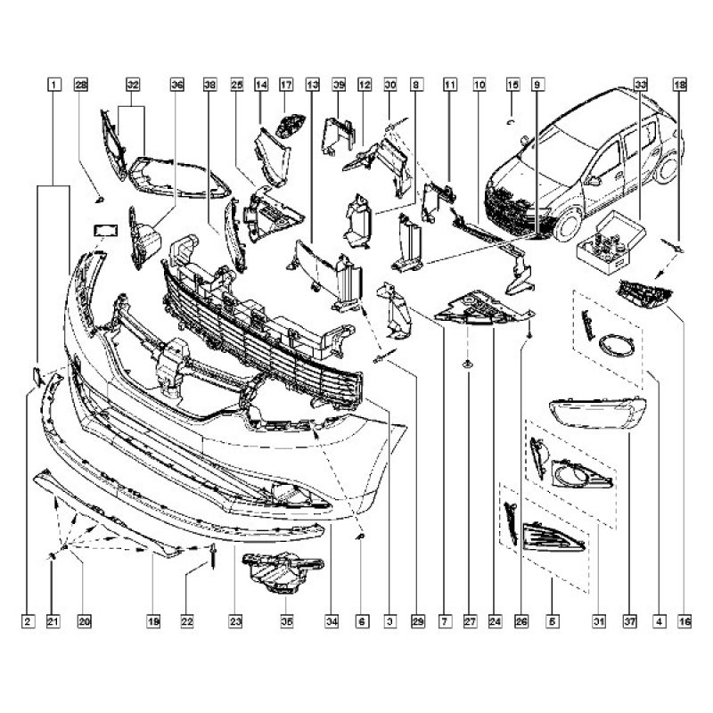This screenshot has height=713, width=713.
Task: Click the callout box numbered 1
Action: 54,86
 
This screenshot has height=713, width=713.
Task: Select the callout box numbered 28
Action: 81,86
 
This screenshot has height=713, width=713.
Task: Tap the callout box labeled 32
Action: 133,86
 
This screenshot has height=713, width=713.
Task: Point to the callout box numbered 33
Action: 640,86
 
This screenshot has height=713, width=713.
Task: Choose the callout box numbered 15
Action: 512,86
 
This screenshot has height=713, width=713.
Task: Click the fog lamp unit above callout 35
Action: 281,570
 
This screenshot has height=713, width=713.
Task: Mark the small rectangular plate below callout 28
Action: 106,229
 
